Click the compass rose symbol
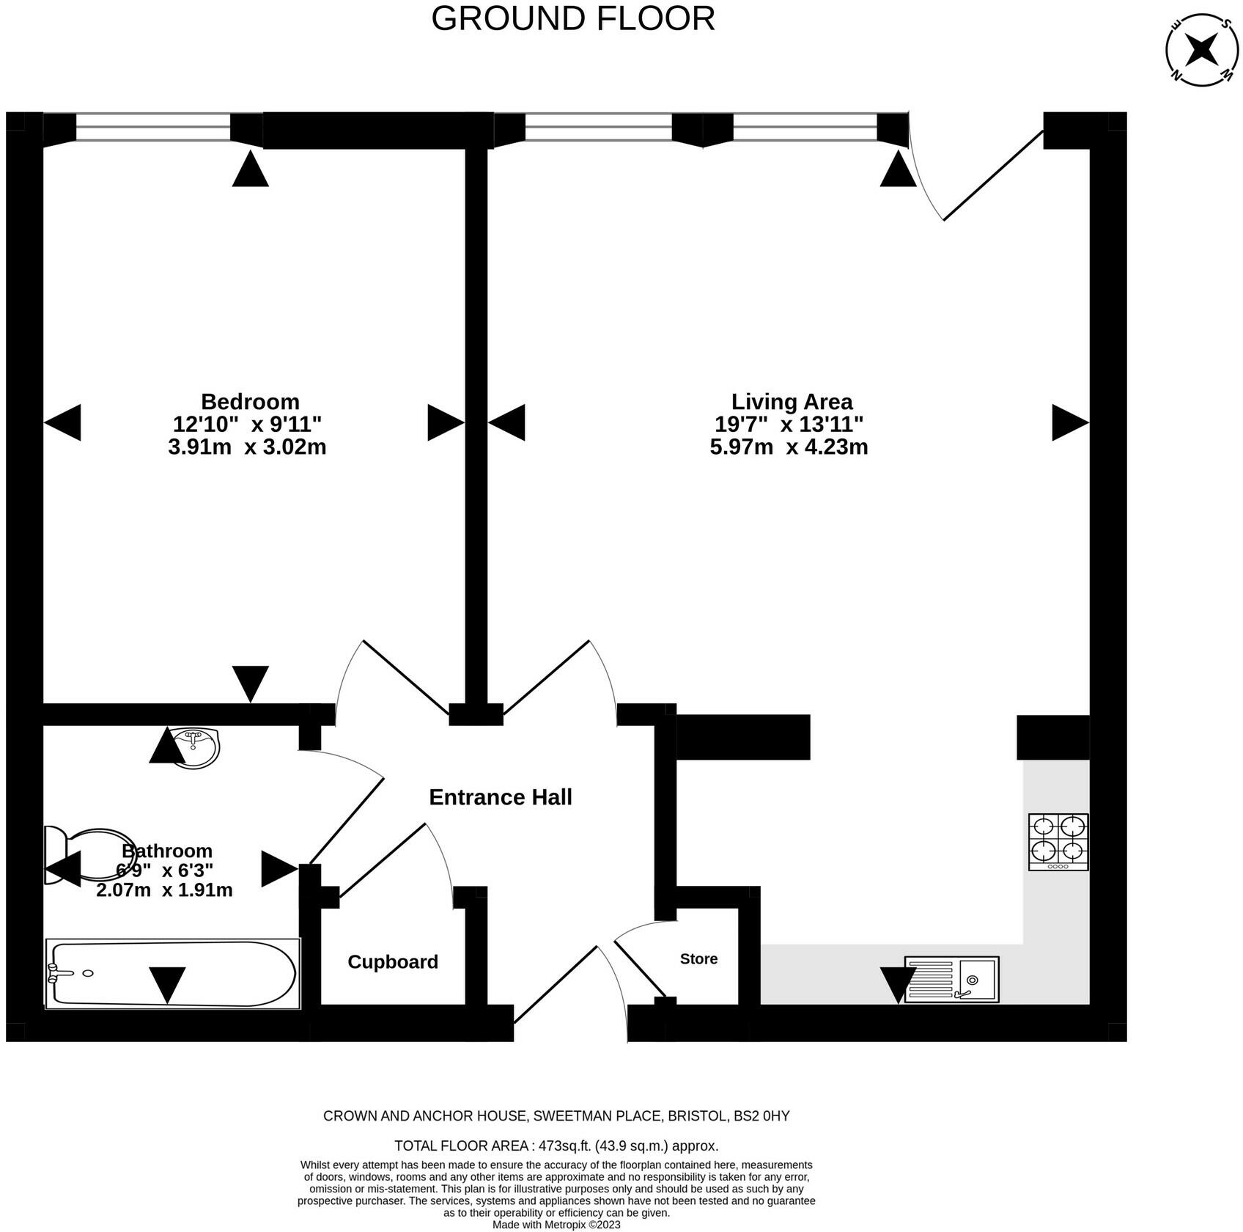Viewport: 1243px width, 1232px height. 1202,51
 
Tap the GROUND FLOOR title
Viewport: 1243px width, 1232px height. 573,18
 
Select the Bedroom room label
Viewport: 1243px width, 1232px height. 250,401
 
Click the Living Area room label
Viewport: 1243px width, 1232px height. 792,401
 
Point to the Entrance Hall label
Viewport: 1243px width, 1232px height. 501,797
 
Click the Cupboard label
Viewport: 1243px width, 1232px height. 393,961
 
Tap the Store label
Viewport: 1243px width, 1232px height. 698,958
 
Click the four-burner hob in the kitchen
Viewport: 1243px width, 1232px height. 1058,842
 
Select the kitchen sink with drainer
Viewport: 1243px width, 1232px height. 952,979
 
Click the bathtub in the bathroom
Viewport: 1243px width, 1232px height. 173,974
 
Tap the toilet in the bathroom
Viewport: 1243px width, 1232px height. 91,855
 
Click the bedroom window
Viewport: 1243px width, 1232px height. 153,128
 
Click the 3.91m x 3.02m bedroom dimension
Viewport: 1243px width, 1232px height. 247,447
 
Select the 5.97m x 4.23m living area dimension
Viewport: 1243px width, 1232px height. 789,447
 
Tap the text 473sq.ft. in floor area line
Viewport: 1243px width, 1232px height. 564,1145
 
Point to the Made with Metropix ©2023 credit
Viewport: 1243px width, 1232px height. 556,1225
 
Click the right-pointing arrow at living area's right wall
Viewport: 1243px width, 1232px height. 1071,422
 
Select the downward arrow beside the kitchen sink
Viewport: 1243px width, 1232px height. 898,986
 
